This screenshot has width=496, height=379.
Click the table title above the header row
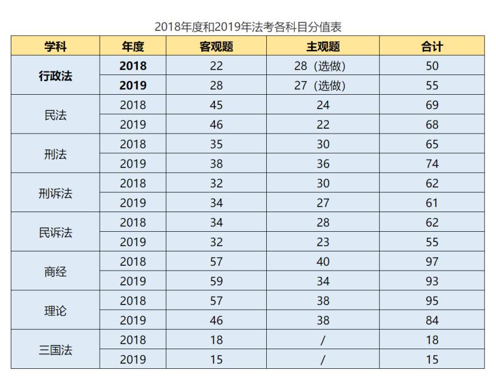[248, 27]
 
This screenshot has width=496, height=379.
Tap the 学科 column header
[56, 46]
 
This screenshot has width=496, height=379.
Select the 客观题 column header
[216, 46]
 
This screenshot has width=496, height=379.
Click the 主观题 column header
[323, 46]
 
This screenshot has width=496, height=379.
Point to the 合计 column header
[432, 46]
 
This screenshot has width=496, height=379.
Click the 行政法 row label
[56, 76]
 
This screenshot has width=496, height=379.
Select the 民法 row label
[56, 115]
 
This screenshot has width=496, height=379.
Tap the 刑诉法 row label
[56, 193]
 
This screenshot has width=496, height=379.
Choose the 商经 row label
[56, 272]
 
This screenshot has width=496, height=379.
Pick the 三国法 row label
[56, 350]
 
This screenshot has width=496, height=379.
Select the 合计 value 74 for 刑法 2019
[432, 164]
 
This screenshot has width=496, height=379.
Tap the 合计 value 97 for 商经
[432, 262]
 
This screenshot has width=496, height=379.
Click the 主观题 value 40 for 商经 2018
[323, 262]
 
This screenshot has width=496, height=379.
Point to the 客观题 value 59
[216, 281]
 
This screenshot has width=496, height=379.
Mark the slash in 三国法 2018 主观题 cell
[323, 340]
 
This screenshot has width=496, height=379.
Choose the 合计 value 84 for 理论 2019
[432, 321]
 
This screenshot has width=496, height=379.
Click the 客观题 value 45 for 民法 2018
[216, 105]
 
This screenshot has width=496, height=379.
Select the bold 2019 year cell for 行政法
[133, 86]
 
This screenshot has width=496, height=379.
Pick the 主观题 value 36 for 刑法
[323, 164]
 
